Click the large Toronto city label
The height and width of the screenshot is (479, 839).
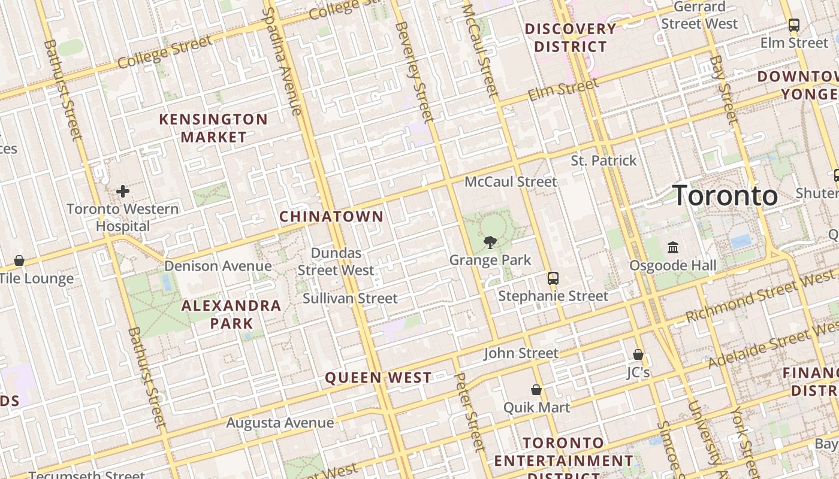click(725, 196)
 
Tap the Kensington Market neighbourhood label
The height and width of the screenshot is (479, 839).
click(213, 128)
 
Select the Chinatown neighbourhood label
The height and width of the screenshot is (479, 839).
click(331, 216)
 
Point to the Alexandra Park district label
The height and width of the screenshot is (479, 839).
click(231, 314)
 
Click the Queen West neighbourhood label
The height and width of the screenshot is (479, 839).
click(378, 378)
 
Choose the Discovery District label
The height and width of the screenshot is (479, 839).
click(570, 37)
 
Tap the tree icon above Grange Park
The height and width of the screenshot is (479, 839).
click(490, 242)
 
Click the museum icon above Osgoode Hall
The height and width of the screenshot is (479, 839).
click(673, 247)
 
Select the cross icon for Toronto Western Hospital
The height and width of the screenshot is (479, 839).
click(123, 192)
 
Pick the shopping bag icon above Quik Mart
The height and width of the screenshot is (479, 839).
click(536, 390)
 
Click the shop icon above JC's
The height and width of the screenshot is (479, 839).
click(638, 354)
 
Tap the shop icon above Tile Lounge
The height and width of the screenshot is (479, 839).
click(19, 260)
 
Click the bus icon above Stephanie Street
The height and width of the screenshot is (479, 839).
click(553, 278)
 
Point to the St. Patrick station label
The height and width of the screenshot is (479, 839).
click(603, 160)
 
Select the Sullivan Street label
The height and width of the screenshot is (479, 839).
click(350, 298)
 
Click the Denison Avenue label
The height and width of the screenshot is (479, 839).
click(218, 266)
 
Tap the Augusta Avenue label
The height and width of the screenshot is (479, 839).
click(280, 423)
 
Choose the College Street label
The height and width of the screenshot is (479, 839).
click(165, 53)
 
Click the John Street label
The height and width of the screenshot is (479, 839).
click(521, 353)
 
